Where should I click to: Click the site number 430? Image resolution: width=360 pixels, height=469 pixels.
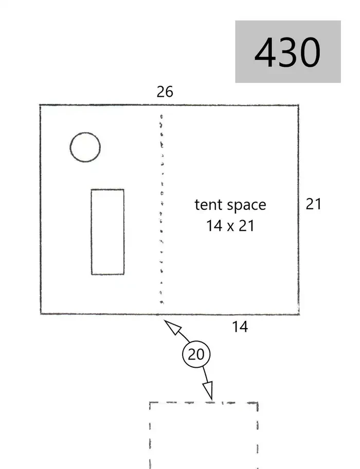point(287,52)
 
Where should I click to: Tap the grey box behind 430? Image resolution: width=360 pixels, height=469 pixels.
point(288,51)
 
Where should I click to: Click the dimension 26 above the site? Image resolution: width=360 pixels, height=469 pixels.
point(165,92)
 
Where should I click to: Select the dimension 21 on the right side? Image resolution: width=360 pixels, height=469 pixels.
point(313,204)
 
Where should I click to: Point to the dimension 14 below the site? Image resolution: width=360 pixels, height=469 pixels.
point(240,327)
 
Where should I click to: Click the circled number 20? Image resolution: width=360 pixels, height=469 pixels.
point(196,354)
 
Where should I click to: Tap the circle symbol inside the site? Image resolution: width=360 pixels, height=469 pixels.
point(85,133)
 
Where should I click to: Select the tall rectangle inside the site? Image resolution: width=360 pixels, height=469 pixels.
point(91,232)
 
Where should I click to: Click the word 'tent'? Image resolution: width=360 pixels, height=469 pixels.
point(208,205)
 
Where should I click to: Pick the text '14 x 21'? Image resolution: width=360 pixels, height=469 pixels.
point(230,226)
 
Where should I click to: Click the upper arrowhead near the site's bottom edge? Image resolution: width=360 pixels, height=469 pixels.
point(173,328)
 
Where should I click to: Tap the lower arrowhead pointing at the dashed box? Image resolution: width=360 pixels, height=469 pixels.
point(208,390)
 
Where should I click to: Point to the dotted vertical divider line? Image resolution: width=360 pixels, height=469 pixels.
point(161,209)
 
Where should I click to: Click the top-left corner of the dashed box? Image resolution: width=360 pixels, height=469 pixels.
point(150,403)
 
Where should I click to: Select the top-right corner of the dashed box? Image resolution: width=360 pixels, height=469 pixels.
point(258,403)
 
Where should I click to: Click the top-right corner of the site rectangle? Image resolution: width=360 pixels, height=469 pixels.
point(298,105)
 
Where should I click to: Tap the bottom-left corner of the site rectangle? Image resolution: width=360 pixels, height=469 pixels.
point(41,314)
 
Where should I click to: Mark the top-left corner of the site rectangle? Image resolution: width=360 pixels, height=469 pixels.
point(40,105)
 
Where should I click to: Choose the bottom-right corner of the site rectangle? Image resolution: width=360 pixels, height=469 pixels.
point(299,314)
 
